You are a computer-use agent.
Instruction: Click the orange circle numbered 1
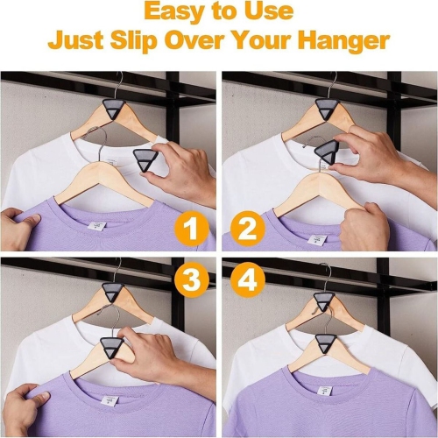tap(191, 229)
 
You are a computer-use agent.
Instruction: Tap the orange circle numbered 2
tap(248, 229)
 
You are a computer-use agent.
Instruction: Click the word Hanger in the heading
tap(343, 41)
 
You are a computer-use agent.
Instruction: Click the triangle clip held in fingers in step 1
tap(145, 161)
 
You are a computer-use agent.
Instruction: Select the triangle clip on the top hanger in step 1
tap(115, 109)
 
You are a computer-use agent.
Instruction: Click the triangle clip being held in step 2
tap(326, 152)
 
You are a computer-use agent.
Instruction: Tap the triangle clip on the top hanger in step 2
tap(328, 109)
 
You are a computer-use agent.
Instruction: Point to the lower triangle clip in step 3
tap(111, 347)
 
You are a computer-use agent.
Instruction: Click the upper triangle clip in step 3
tap(113, 293)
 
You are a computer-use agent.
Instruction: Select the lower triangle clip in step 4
tap(327, 344)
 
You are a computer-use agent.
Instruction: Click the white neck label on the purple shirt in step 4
tap(325, 392)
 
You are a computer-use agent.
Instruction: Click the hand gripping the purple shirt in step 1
tap(18, 229)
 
